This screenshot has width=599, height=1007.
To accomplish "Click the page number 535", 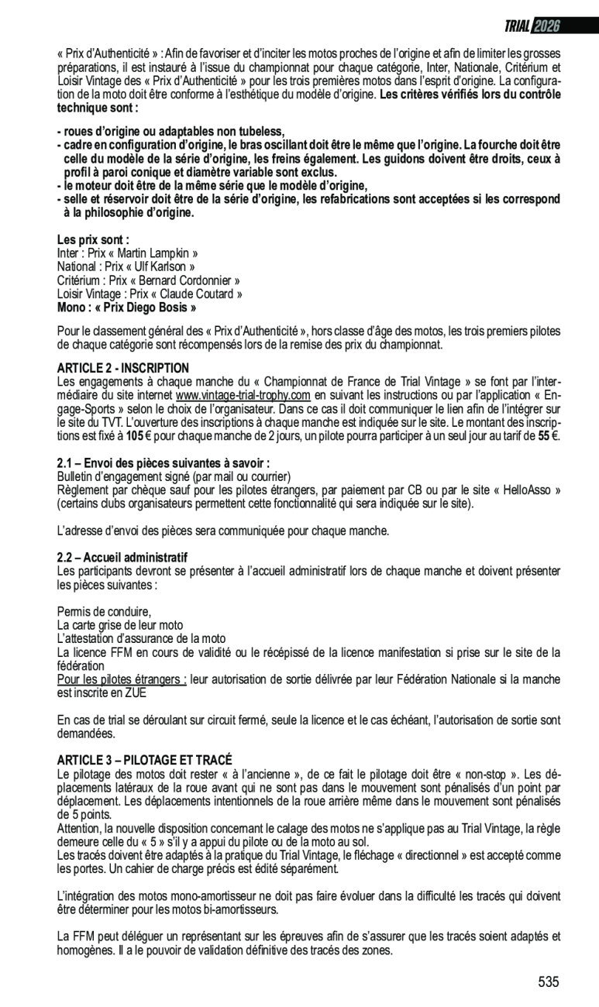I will pos(549,982).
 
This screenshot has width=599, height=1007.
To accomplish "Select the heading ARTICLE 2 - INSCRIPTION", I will pos(123,367).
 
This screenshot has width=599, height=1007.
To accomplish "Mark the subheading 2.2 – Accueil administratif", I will pos(122,558).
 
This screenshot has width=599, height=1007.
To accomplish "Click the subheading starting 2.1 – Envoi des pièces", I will pos(164,463).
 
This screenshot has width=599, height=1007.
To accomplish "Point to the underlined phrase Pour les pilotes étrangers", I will pos(122,679).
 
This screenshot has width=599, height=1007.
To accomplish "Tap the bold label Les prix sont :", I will pos(93,240).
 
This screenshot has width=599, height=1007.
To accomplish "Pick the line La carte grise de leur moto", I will pos(120,625).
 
